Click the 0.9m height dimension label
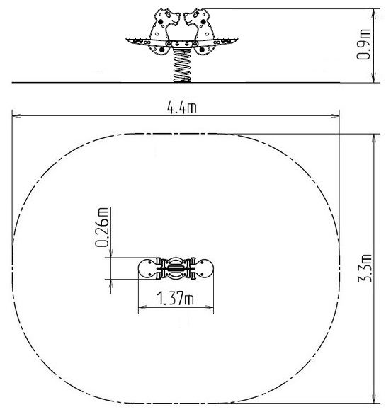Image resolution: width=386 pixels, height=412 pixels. tap(363, 45)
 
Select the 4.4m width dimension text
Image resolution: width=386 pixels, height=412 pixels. tap(182, 107)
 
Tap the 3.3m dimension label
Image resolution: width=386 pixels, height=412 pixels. tap(365, 268)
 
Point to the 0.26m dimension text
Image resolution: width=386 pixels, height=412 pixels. tap(101, 227)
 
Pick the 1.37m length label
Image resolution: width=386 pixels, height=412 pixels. tap(175, 298)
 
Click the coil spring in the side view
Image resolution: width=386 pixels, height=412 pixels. tap(182, 66)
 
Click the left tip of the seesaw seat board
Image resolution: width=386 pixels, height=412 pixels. tap(126, 39)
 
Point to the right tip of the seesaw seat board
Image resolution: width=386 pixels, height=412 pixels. tap(238, 39)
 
